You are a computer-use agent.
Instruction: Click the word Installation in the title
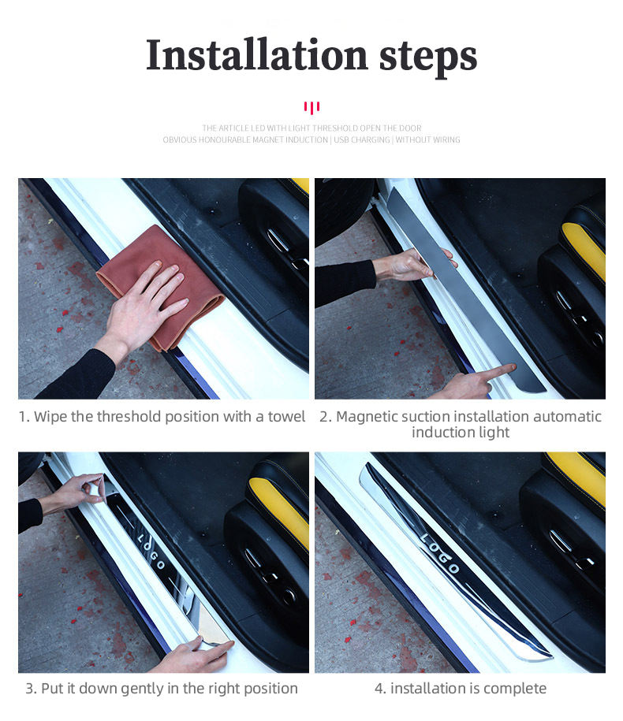(x=257, y=54)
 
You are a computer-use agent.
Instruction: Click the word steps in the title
(x=428, y=58)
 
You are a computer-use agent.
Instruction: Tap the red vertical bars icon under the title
(x=311, y=108)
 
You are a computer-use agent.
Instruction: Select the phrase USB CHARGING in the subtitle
(x=362, y=139)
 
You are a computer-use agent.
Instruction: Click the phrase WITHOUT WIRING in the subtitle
(x=428, y=139)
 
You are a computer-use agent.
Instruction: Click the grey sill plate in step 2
(x=464, y=290)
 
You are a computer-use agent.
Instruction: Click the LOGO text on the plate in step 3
(x=151, y=551)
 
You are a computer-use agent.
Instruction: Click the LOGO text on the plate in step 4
(x=439, y=553)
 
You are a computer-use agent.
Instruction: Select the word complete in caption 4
(x=515, y=689)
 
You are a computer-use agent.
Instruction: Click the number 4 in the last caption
(x=379, y=689)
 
